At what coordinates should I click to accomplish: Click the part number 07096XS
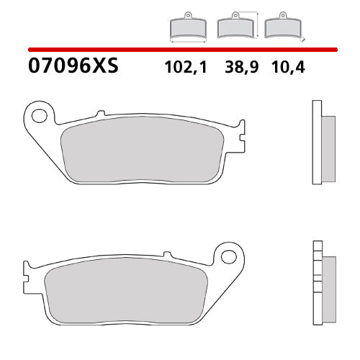tap(72, 68)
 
